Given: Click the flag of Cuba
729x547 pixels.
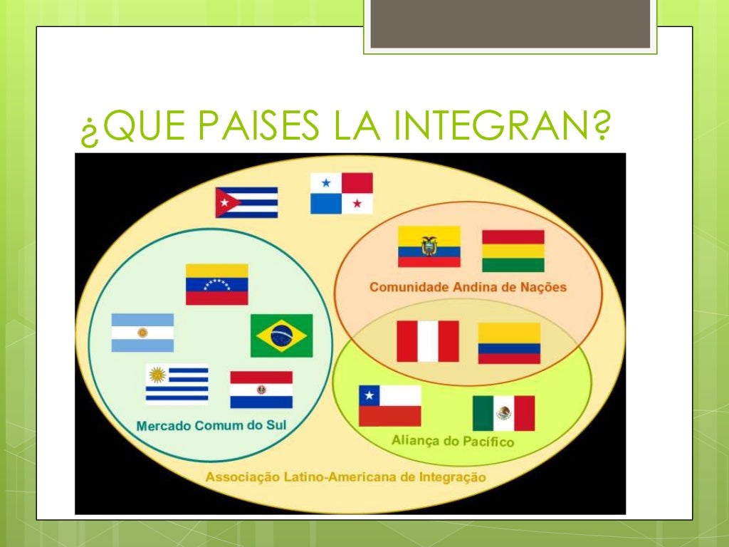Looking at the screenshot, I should click(x=246, y=202).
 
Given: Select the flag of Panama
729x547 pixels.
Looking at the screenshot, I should click(x=341, y=193).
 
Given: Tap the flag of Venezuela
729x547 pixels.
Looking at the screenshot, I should click(x=216, y=284).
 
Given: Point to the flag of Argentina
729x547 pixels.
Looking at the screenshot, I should click(x=142, y=333).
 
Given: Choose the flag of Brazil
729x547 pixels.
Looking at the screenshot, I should click(x=281, y=335).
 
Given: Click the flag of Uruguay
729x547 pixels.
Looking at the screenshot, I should click(x=177, y=384).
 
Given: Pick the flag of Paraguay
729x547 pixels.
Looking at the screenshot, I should click(x=261, y=390).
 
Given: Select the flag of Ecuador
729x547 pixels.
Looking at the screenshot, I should click(x=429, y=246).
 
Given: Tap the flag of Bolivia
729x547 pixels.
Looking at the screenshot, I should click(x=513, y=251).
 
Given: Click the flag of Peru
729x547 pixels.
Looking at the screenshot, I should click(x=427, y=341).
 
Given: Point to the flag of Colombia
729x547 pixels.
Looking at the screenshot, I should click(x=508, y=343).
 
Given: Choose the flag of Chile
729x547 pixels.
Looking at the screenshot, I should click(x=389, y=406).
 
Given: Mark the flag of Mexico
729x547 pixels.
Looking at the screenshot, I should click(x=503, y=413).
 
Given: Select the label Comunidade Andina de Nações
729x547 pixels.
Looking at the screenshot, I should click(x=468, y=288).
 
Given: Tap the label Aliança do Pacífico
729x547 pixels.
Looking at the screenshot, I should click(x=452, y=442).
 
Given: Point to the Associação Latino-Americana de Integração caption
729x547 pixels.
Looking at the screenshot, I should click(x=346, y=477).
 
